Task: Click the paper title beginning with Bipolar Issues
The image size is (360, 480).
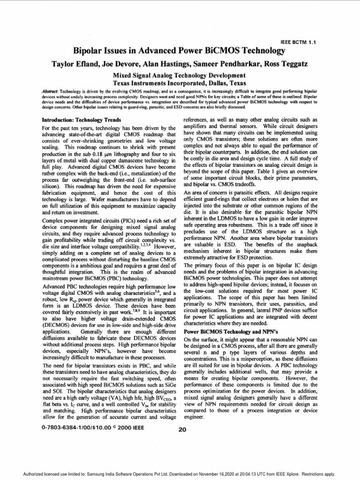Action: click(x=180, y=51)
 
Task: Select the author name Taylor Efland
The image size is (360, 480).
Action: click(x=78, y=64)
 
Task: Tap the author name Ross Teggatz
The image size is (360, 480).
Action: click(x=289, y=64)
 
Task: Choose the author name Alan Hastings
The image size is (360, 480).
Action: click(x=165, y=64)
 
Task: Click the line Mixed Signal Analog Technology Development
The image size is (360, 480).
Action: click(x=180, y=75)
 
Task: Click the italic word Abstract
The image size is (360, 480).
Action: click(x=49, y=89)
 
